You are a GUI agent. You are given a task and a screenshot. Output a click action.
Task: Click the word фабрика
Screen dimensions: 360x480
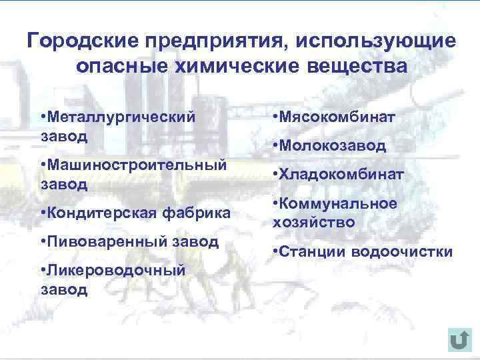point(197,213)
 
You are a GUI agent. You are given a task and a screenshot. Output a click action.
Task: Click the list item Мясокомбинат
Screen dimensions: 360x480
point(337,117)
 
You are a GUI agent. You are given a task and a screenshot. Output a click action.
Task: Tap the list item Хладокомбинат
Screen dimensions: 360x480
point(341,175)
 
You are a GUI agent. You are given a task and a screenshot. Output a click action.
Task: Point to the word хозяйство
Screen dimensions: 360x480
point(313,222)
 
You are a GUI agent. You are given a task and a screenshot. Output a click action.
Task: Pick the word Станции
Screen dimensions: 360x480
point(313,251)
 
